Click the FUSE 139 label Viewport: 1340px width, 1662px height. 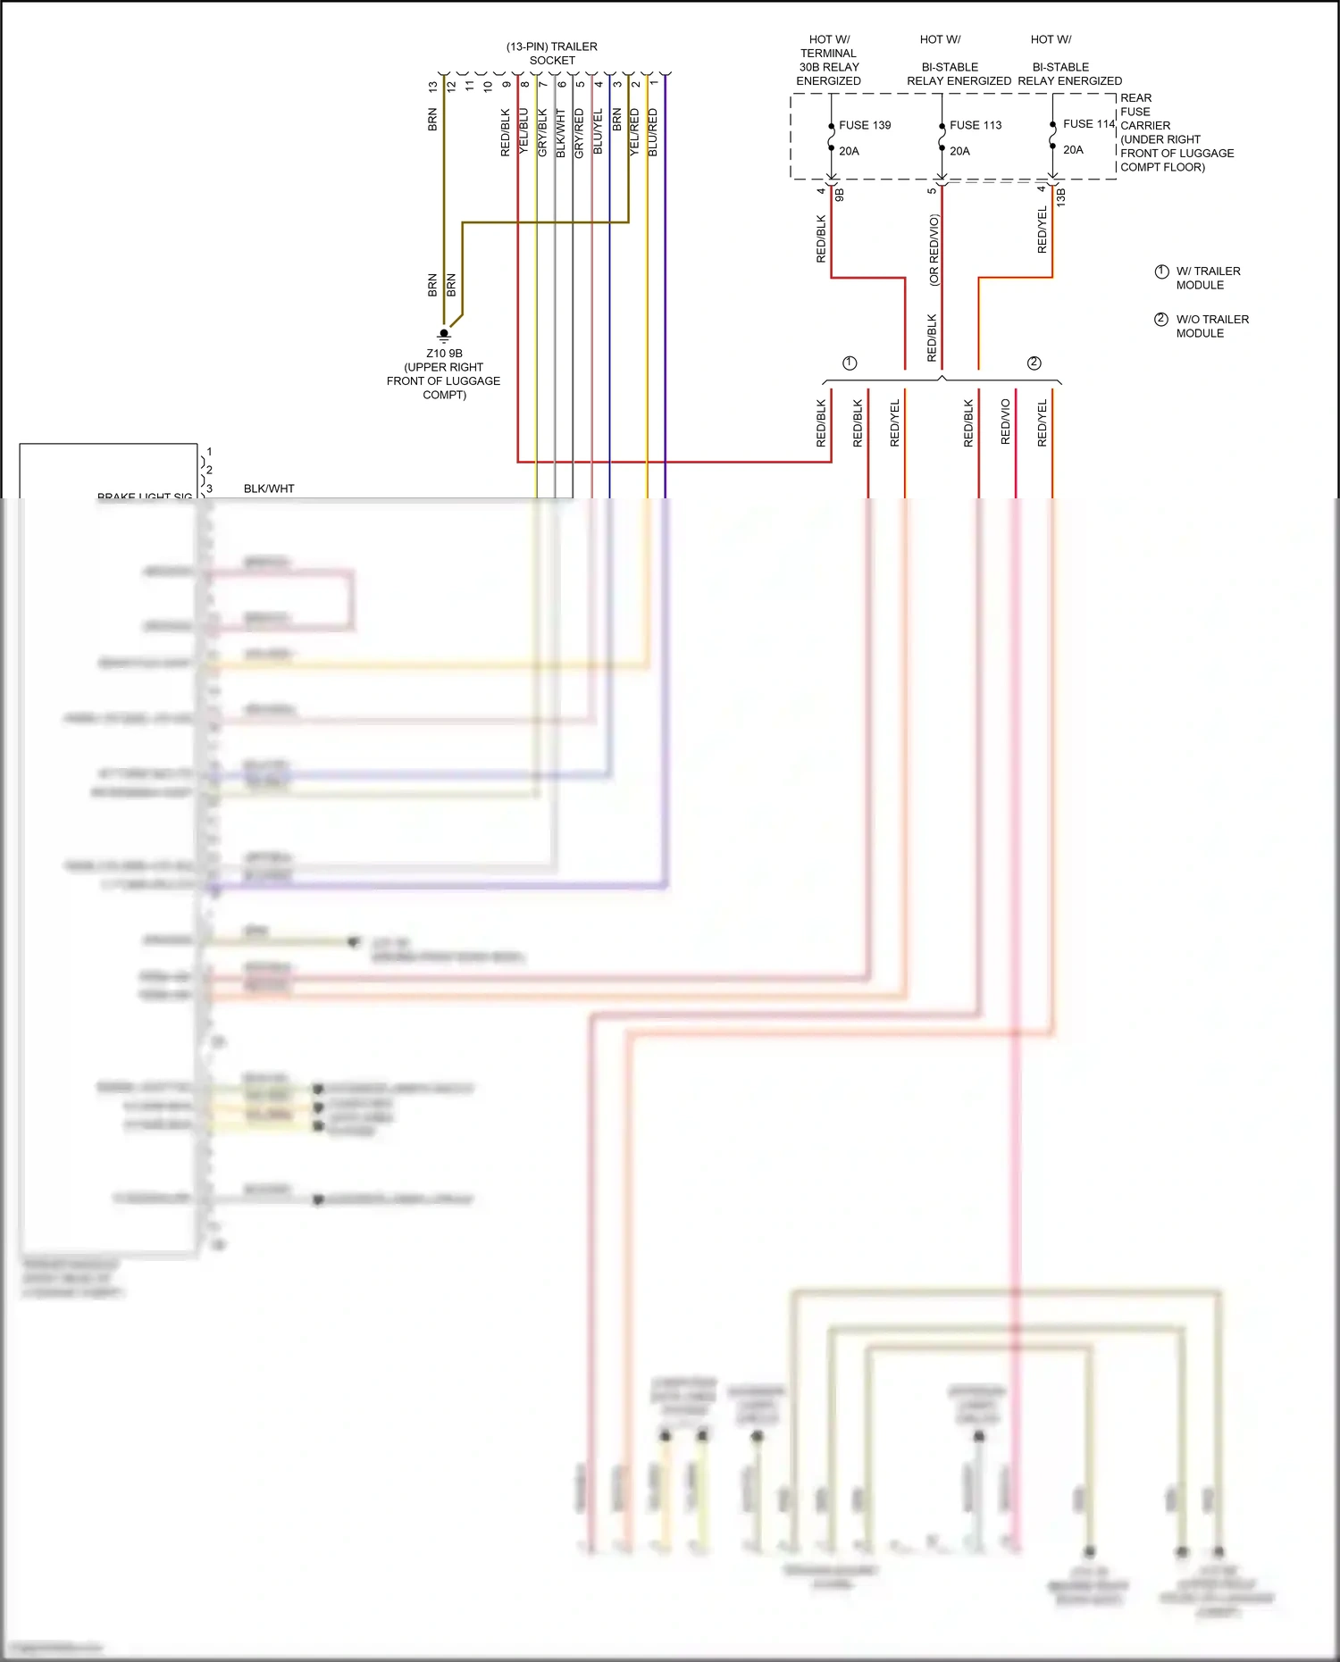[864, 125]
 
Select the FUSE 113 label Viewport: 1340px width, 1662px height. [975, 125]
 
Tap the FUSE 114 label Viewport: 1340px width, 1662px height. [1088, 124]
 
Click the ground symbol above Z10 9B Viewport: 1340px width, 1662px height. [444, 336]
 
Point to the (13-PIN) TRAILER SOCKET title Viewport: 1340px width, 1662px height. [552, 54]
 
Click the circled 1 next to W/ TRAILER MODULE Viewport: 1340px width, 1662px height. [1161, 271]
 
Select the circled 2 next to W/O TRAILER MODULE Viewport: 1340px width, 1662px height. [1161, 320]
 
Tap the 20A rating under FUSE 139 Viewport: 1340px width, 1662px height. [849, 151]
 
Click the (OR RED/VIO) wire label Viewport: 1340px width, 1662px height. [934, 249]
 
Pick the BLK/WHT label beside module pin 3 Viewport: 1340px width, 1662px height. [269, 489]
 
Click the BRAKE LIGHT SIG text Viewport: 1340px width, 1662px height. [145, 496]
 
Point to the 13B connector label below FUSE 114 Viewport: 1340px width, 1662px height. [1061, 197]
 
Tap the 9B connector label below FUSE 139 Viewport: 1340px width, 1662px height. [840, 194]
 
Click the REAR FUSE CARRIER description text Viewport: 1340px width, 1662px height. [1176, 132]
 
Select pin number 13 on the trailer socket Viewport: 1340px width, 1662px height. [433, 87]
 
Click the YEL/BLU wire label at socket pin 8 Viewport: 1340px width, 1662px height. [524, 132]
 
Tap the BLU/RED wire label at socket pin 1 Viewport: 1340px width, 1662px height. [653, 132]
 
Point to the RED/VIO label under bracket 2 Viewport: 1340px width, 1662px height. [1006, 422]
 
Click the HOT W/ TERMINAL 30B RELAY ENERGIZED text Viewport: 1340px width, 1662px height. [828, 60]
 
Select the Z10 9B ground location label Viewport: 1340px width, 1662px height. [444, 373]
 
